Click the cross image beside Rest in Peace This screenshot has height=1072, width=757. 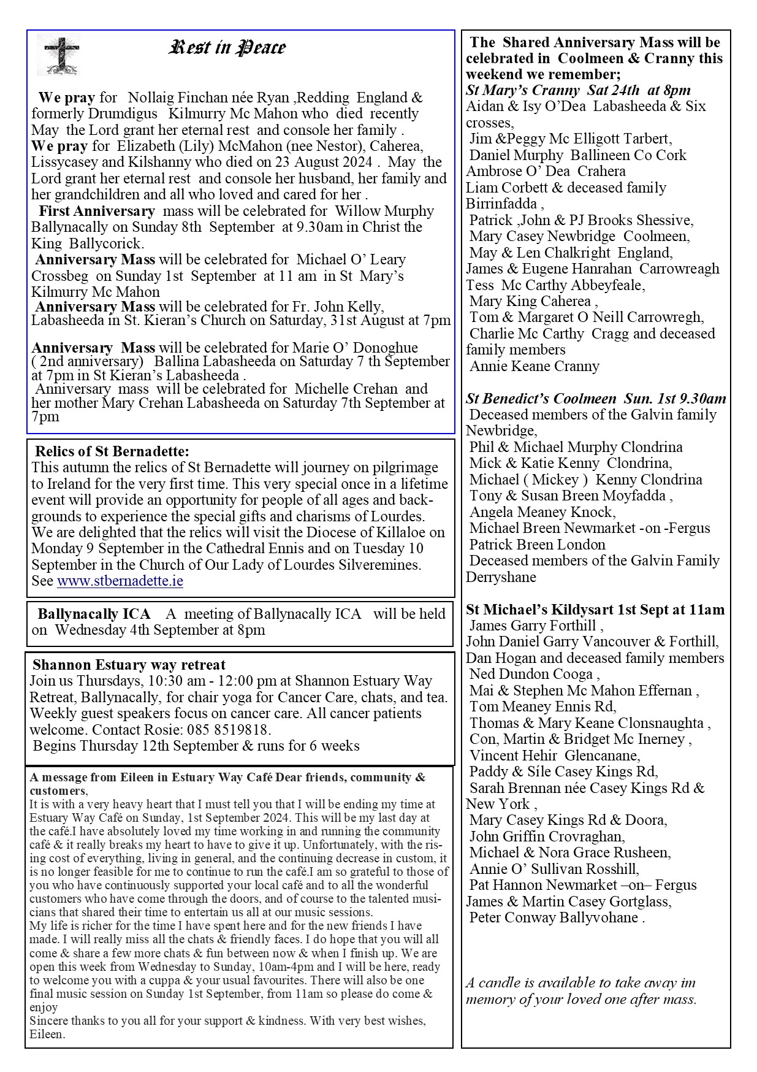point(58,54)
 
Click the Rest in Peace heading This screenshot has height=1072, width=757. point(227,47)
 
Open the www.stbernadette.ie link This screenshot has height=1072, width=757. point(120,581)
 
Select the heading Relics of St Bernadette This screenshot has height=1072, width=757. point(112,451)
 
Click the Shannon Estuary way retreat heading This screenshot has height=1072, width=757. point(129,665)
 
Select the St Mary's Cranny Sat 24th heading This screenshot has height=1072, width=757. point(578,90)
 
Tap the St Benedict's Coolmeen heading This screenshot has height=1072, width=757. point(596,399)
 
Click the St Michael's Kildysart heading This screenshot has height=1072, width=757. point(595,610)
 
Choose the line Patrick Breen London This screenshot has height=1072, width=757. point(538,545)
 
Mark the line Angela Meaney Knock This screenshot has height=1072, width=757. point(542,512)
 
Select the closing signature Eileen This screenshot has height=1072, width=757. point(47,1035)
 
